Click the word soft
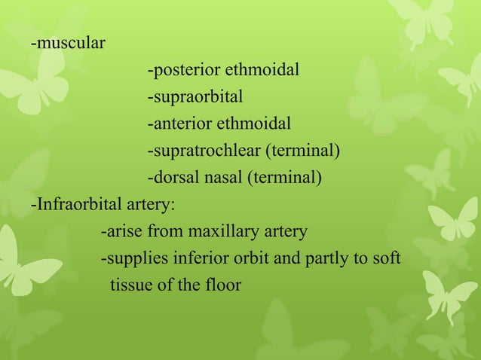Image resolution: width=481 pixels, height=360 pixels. tap(387, 259)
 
